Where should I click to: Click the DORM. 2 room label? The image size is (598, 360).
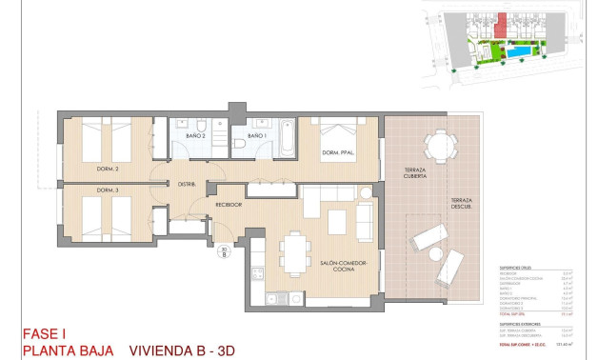(108, 168)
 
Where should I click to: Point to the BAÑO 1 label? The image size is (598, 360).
(255, 136)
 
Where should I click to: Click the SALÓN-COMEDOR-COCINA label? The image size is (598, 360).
(337, 268)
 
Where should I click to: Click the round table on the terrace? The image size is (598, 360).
(440, 146)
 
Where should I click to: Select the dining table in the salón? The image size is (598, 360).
(293, 252)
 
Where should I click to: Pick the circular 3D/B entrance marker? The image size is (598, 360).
(224, 252)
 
